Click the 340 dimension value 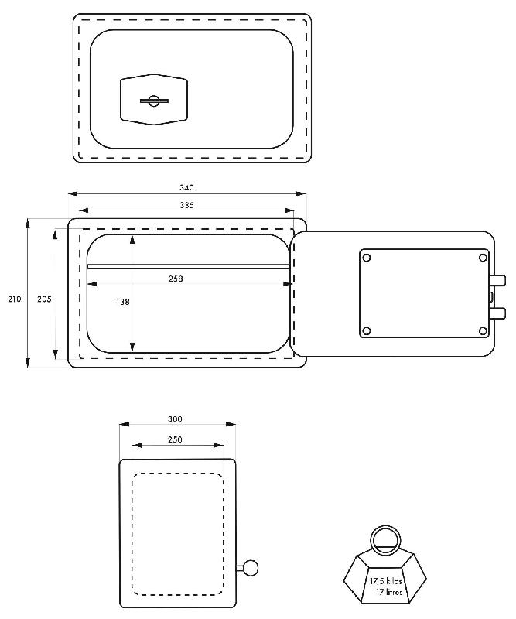click(x=186, y=187)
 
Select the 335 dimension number click(x=186, y=205)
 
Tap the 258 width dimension click(x=176, y=279)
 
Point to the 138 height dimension click(x=122, y=302)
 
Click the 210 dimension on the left click(x=15, y=299)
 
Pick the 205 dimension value click(x=44, y=299)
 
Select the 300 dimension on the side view click(x=175, y=419)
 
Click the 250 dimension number click(x=175, y=439)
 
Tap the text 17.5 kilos click(x=386, y=581)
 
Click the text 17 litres click(x=389, y=592)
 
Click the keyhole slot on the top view click(x=155, y=101)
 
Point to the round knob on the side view click(x=251, y=568)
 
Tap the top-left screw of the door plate click(x=367, y=258)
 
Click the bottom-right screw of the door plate click(x=483, y=330)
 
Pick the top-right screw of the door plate click(x=483, y=258)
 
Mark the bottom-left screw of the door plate click(x=367, y=330)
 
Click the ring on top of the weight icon click(x=385, y=541)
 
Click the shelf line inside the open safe click(x=188, y=266)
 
